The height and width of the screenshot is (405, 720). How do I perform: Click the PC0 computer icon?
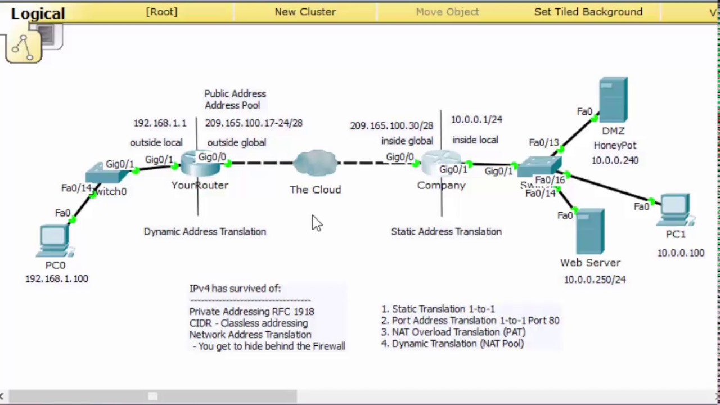(55, 241)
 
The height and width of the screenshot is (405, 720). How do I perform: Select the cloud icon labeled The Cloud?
(315, 163)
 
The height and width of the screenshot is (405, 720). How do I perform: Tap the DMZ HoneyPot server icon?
(613, 100)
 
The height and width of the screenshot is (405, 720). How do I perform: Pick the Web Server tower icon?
(589, 231)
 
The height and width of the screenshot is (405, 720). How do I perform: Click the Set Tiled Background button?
(588, 12)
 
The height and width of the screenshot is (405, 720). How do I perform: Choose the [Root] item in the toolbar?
(161, 12)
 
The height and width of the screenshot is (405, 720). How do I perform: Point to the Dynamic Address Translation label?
(205, 231)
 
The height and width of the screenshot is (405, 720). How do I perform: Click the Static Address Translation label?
(446, 231)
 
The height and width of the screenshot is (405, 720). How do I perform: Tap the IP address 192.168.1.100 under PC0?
(56, 278)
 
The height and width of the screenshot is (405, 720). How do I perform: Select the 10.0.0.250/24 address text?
(595, 279)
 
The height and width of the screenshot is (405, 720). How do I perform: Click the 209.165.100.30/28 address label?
(391, 126)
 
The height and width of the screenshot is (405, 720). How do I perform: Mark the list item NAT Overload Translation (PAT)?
(458, 332)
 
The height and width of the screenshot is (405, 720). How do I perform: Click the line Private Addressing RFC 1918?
(251, 311)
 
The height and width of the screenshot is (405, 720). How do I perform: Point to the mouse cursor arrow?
(316, 222)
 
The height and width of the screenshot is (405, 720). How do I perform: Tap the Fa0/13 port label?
(544, 143)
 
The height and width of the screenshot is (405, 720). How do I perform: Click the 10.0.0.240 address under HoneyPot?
(615, 160)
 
